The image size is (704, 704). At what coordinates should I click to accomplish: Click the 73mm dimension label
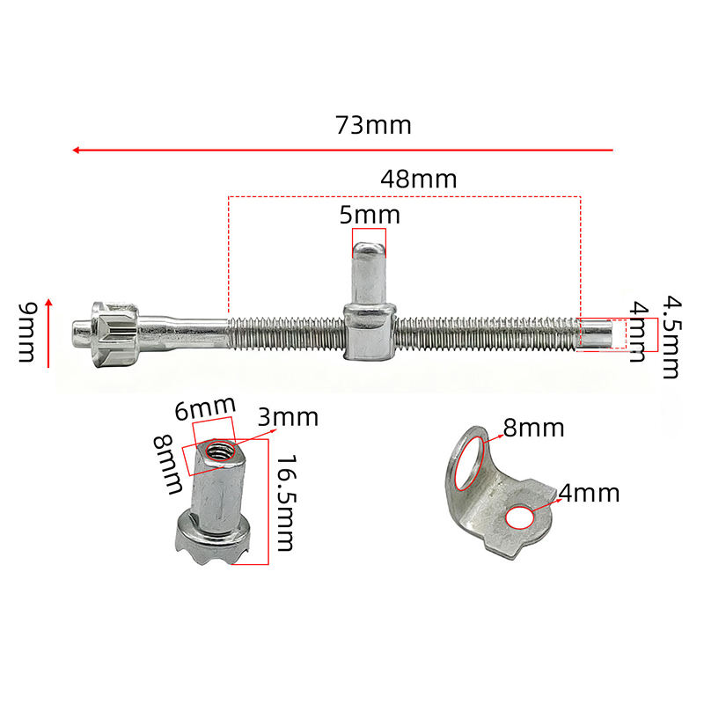[373, 125]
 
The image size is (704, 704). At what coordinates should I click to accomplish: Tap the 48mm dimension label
[419, 180]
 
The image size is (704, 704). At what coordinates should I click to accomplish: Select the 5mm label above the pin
[370, 215]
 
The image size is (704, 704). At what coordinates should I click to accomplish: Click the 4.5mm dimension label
[672, 337]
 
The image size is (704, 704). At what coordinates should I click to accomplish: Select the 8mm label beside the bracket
[533, 428]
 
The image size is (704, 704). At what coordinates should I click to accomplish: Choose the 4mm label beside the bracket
[589, 493]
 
